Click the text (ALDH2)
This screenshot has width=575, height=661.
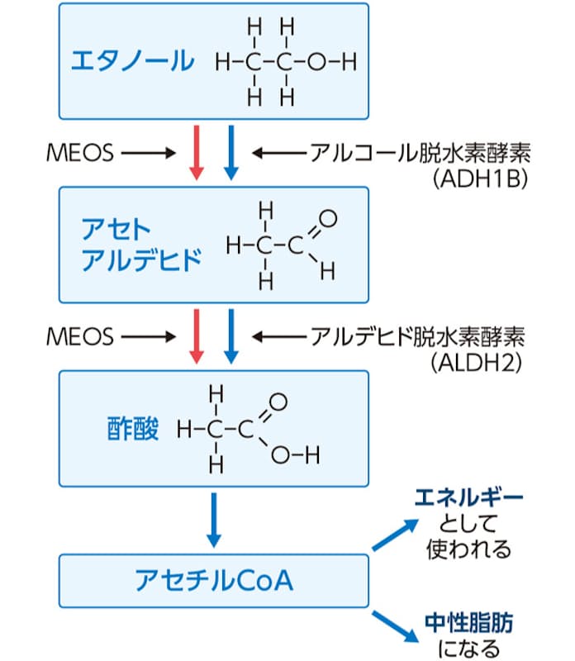pyautogui.click(x=484, y=363)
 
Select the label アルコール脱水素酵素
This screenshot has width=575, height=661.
pyautogui.click(x=420, y=153)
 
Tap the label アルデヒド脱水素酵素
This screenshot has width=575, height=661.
pyautogui.click(x=420, y=336)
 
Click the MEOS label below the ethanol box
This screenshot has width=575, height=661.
pyautogui.click(x=81, y=153)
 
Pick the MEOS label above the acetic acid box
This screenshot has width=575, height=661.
pyautogui.click(x=81, y=336)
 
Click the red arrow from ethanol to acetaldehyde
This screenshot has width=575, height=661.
pyautogui.click(x=197, y=153)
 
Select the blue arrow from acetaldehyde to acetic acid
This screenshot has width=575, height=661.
pyautogui.click(x=230, y=336)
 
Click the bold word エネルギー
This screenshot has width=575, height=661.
pyautogui.click(x=468, y=498)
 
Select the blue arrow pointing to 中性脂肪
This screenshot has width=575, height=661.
pyautogui.click(x=393, y=625)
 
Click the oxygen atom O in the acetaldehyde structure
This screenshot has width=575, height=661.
pyautogui.click(x=328, y=219)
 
